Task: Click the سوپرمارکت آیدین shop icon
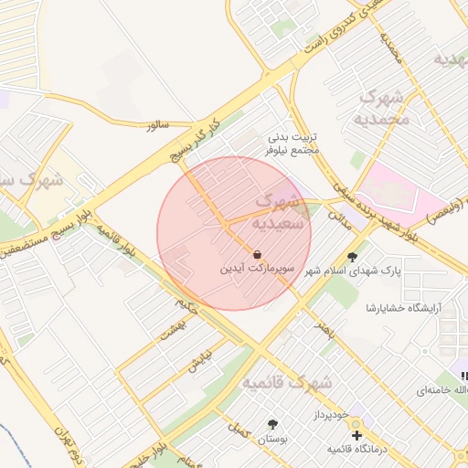click(259, 254)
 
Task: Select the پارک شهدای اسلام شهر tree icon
click(353, 257)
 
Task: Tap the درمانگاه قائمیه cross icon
click(356, 435)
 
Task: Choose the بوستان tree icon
click(272, 424)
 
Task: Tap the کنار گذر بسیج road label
click(197, 140)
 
